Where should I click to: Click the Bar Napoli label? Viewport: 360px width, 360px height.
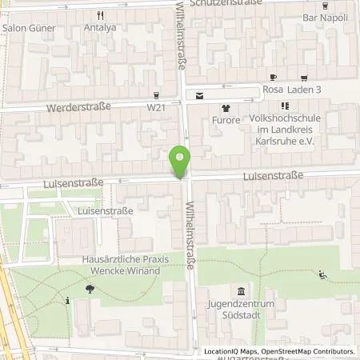325,17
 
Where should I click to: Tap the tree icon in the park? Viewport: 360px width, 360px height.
89,287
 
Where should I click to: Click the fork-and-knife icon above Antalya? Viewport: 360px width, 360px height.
100,15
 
